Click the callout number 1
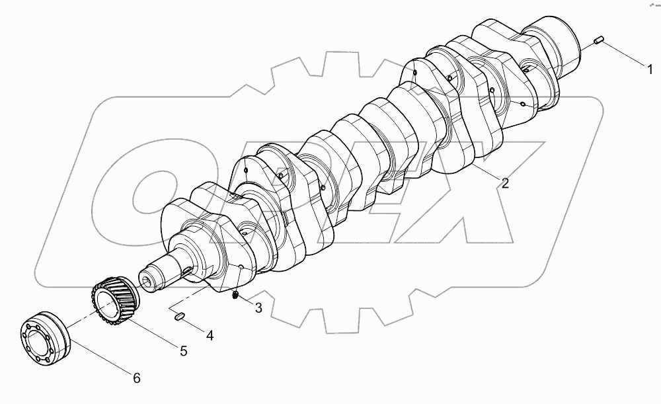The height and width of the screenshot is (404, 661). coord(649,67)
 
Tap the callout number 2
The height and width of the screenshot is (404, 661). coord(505,184)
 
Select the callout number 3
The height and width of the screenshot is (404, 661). coord(258,307)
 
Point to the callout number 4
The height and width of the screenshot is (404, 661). coord(209,335)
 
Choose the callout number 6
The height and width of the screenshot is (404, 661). coord(136,378)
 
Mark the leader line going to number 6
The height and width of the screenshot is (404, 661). coord(99,358)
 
